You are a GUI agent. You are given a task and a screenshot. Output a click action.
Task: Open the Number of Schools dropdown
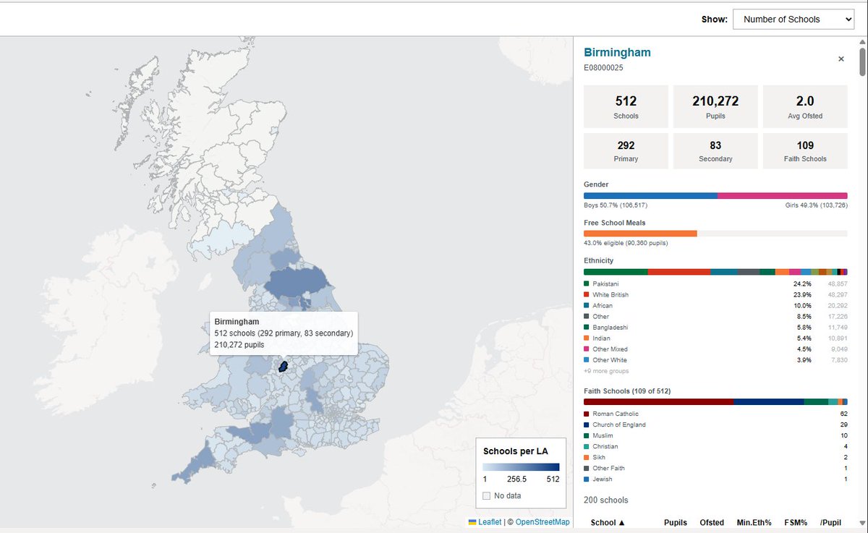click(x=793, y=20)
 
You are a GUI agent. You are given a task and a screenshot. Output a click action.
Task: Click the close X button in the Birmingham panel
click(x=841, y=59)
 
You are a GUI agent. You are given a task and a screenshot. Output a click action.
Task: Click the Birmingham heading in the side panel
click(x=617, y=53)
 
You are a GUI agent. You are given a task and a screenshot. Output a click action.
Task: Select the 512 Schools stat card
click(x=626, y=106)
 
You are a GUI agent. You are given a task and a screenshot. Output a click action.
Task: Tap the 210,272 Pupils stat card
click(x=715, y=106)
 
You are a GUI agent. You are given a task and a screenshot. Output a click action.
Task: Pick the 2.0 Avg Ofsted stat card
click(x=805, y=106)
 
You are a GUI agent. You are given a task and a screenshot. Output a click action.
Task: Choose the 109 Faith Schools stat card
click(x=805, y=150)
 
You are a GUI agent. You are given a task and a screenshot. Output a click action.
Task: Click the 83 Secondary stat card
click(x=715, y=150)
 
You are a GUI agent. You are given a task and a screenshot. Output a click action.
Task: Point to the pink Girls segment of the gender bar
click(x=782, y=195)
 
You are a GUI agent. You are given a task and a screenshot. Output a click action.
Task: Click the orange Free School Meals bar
click(x=640, y=234)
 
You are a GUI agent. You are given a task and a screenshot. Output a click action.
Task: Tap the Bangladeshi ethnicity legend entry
click(x=610, y=328)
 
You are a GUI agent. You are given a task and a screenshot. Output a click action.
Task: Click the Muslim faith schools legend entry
click(x=602, y=435)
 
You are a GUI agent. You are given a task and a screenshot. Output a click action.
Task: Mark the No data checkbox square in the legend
click(x=487, y=495)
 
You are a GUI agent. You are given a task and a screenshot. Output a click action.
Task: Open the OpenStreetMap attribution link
click(x=542, y=522)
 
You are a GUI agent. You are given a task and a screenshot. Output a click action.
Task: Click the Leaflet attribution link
click(x=489, y=522)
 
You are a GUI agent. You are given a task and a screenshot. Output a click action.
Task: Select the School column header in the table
click(x=608, y=522)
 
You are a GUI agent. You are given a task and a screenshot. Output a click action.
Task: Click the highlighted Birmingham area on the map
click(x=284, y=367)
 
